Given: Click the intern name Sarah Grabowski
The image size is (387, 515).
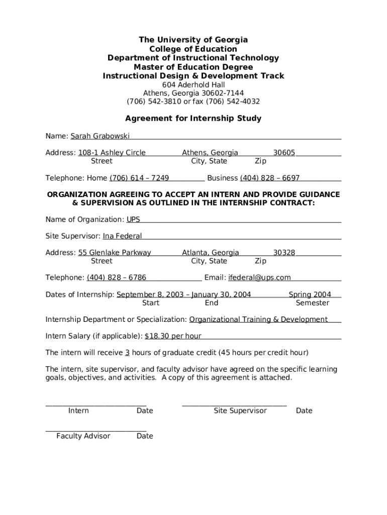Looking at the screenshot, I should (100, 136).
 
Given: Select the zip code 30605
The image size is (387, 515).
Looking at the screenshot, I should (284, 153).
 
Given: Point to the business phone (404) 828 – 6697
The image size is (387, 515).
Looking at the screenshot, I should (270, 178).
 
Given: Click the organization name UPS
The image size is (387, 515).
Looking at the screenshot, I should (133, 220).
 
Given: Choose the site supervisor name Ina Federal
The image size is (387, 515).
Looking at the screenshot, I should (122, 236).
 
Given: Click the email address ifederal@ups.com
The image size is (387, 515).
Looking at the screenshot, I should (259, 278).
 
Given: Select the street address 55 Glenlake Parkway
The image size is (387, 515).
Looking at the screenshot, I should (115, 253).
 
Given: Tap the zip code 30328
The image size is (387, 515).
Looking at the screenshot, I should (284, 253).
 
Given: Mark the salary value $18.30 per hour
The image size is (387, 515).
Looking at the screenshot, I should (173, 336).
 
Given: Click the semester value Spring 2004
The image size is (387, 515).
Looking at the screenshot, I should (310, 295).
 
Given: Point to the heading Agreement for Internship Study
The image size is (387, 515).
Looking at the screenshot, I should (193, 119).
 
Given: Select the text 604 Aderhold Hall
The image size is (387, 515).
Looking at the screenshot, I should (193, 85).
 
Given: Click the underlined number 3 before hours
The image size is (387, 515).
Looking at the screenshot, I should (128, 353).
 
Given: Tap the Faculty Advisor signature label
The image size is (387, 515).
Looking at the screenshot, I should (83, 436).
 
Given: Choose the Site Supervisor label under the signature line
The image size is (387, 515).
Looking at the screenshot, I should (240, 411).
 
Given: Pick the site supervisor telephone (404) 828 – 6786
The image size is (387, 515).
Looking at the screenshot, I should (117, 278).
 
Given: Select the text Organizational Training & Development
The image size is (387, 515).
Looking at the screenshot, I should (258, 319).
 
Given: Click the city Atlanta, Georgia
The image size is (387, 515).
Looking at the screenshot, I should (211, 253).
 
